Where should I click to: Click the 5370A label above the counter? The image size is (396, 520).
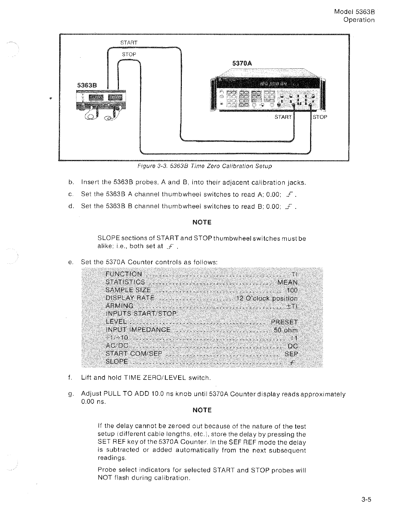(x=242, y=63)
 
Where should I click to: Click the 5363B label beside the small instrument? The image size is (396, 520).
(x=87, y=85)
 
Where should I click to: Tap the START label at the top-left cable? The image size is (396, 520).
(x=129, y=43)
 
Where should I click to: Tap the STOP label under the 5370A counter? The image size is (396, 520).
(x=320, y=117)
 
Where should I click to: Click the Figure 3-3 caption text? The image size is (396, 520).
(x=204, y=166)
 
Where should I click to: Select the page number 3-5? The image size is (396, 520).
(x=366, y=500)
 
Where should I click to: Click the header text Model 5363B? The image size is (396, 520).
(x=354, y=12)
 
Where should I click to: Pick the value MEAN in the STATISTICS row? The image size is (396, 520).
(x=288, y=282)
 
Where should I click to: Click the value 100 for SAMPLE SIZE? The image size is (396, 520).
(x=292, y=290)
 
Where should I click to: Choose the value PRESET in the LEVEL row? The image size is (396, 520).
(x=284, y=322)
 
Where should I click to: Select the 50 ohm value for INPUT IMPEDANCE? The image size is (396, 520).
(x=286, y=330)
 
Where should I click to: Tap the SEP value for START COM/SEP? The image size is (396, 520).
(x=291, y=354)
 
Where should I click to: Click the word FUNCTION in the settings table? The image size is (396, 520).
(x=124, y=274)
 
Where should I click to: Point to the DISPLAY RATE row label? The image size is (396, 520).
(x=130, y=298)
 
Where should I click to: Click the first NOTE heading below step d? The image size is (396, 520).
(x=202, y=222)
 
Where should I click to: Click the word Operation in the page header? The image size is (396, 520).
(x=359, y=20)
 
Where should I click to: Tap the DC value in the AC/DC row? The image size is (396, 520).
(x=293, y=346)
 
